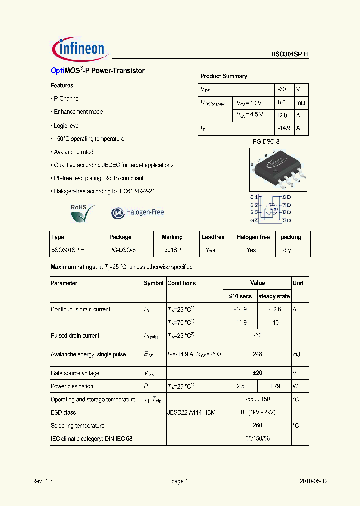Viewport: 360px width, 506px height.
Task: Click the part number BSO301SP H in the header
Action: point(286,55)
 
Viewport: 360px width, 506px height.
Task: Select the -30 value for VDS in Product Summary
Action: point(282,89)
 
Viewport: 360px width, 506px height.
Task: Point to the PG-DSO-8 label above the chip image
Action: point(266,142)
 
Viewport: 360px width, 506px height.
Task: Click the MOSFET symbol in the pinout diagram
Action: point(271,208)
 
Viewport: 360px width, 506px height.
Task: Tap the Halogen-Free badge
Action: point(138,212)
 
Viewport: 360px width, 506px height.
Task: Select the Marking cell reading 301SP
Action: point(172,250)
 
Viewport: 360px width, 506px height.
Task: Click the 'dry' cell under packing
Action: point(287,250)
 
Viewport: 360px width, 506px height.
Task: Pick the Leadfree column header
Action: point(213,237)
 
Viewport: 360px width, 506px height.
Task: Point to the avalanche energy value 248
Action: point(257,354)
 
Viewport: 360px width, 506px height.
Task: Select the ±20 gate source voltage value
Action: point(257,373)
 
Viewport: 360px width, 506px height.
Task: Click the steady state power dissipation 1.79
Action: point(274,386)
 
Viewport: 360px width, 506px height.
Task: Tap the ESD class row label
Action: point(63,413)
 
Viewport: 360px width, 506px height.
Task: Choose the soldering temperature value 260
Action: point(257,426)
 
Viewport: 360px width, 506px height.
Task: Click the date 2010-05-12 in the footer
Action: point(313,481)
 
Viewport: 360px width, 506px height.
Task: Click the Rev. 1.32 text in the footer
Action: point(44,481)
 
